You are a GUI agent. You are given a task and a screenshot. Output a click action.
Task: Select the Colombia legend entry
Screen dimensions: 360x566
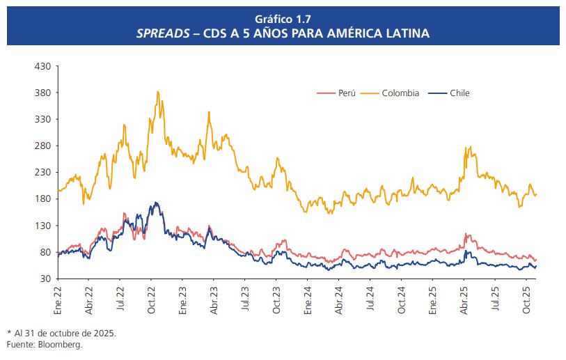[x=400, y=93]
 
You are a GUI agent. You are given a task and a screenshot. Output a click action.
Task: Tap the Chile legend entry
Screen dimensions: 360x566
[x=459, y=93]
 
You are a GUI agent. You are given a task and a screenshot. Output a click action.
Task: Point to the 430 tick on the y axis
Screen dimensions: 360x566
[x=43, y=66]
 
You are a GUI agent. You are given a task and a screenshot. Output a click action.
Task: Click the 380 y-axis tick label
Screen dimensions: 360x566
[x=43, y=93]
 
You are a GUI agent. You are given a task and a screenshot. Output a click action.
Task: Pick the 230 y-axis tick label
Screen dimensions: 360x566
[x=43, y=172]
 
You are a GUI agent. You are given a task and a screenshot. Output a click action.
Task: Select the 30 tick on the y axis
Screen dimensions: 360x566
[x=46, y=279]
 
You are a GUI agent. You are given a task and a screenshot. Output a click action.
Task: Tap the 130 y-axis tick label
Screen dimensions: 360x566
[x=43, y=226]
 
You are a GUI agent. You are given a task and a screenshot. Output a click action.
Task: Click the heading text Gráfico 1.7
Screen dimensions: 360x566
[x=283, y=19]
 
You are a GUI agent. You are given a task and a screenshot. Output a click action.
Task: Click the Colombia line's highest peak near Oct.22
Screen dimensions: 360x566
[x=158, y=91]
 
